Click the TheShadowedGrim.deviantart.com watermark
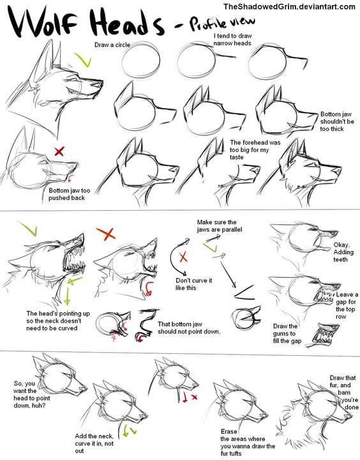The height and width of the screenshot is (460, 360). (x=289, y=6)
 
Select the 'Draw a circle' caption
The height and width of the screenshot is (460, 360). (x=112, y=45)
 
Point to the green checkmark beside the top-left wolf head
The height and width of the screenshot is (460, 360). (x=84, y=59)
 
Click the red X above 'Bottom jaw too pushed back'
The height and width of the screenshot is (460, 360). (x=59, y=151)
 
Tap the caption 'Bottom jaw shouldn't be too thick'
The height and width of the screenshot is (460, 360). (x=337, y=121)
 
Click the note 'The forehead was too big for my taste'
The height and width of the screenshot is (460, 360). (x=255, y=149)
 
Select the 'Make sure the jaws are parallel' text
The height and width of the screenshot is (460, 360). (x=220, y=226)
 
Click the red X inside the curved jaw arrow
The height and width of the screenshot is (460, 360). (x=183, y=257)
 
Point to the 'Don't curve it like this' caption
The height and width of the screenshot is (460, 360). (x=193, y=284)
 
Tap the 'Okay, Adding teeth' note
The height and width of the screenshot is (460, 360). (x=343, y=252)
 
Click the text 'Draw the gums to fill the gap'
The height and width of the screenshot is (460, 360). (x=287, y=333)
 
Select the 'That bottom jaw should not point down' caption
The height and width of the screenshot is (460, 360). (x=189, y=328)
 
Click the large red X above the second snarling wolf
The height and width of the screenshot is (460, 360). (x=106, y=233)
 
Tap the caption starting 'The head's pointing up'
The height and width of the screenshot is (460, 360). (x=57, y=321)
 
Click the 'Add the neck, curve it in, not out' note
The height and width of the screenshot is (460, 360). (x=94, y=443)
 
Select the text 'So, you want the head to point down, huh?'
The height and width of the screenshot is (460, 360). (x=32, y=394)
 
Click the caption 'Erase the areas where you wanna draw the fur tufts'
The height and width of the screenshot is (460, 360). (x=248, y=442)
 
